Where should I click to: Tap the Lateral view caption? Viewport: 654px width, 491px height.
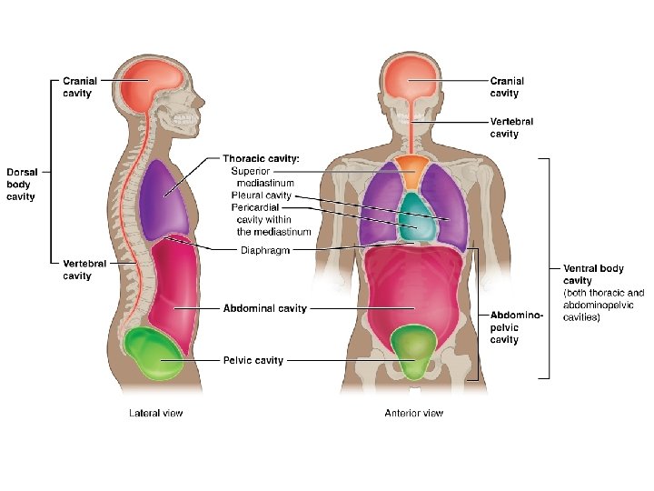coord(155,413)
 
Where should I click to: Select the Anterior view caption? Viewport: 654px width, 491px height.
coord(413,413)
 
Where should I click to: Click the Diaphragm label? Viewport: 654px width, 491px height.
coord(264,250)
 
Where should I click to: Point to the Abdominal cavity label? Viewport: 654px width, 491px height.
coord(265,308)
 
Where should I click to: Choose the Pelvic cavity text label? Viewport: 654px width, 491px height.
coord(253,360)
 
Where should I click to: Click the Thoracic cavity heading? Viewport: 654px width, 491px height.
coord(261,158)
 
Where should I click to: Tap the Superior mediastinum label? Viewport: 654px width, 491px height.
coord(263,176)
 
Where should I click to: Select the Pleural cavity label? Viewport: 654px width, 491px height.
coord(261,195)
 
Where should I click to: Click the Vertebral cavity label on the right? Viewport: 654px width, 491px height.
coord(511,127)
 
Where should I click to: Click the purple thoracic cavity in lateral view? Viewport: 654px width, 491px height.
coord(163,197)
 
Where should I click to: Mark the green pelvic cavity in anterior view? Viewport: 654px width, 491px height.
coord(413,350)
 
